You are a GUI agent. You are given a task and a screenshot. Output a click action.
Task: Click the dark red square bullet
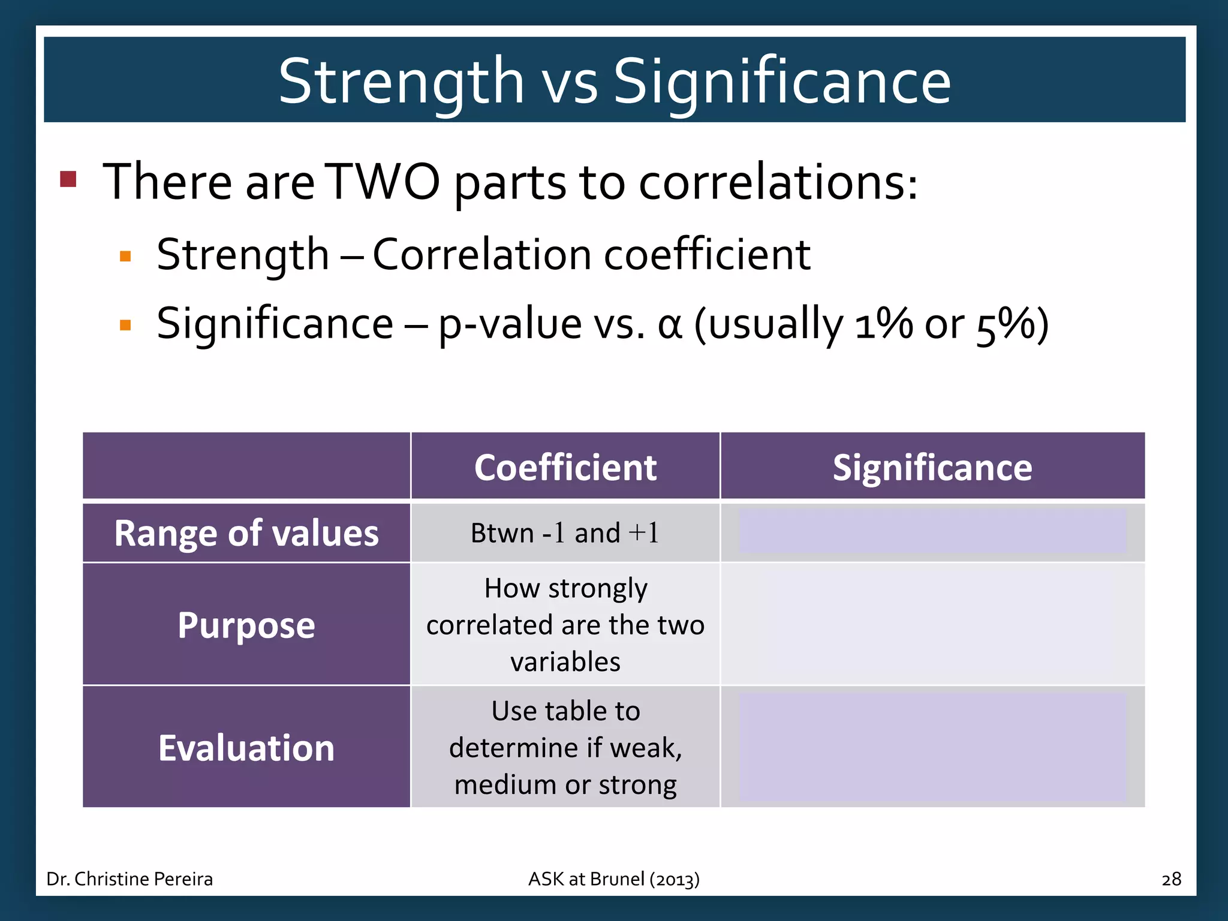[x=68, y=179]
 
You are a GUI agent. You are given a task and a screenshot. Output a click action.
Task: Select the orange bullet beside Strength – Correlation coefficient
[x=125, y=257]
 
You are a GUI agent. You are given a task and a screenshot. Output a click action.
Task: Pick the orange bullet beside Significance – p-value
[x=125, y=326]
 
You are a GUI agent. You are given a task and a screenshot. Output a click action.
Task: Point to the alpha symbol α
[x=670, y=324]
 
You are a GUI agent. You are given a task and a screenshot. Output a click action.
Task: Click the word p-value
[x=510, y=324]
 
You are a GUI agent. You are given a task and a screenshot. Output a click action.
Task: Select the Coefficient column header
[x=565, y=467]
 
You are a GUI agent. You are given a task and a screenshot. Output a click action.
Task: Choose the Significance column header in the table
[x=932, y=467]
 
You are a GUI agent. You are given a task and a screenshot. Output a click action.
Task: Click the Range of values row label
[x=246, y=532]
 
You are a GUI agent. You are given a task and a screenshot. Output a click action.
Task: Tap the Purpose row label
[x=246, y=625]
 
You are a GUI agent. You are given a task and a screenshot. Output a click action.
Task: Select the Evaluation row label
[x=246, y=748]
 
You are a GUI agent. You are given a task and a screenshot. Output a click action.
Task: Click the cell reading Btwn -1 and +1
[x=565, y=532]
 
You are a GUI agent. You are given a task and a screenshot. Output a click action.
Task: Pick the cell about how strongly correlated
[x=565, y=625]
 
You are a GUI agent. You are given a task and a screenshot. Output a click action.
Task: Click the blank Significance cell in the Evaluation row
[x=932, y=748]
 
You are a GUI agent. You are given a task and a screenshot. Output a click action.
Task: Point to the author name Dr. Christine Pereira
[x=130, y=879]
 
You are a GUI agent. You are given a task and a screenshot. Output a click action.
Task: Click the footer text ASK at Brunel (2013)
[x=613, y=879]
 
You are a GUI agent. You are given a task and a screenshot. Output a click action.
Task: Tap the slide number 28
[x=1171, y=879]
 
